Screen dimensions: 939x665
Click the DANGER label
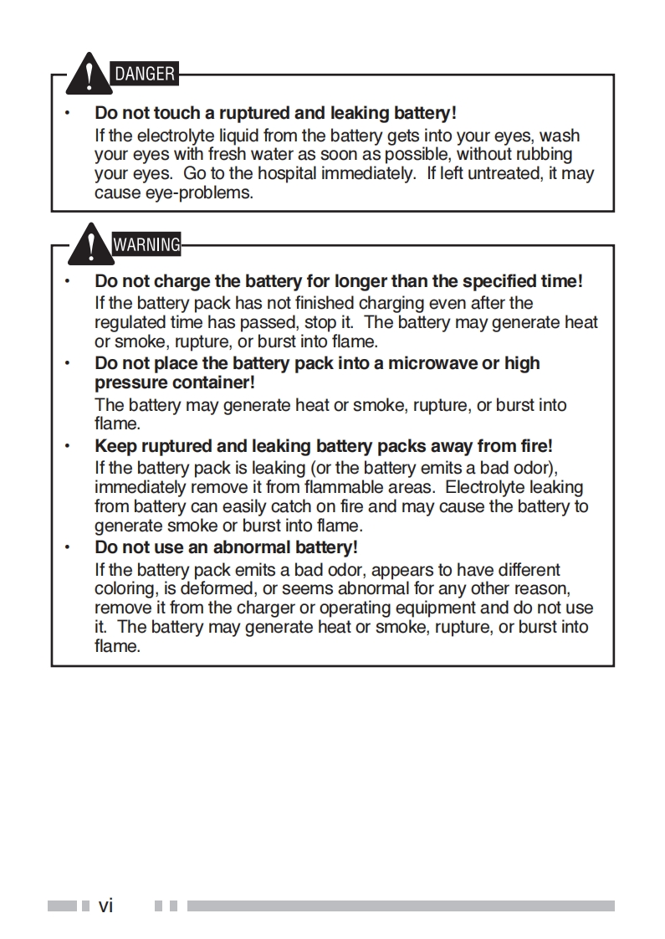coord(145,74)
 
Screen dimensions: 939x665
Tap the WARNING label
coord(146,245)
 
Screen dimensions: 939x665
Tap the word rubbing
coord(541,154)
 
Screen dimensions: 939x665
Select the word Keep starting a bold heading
coord(112,446)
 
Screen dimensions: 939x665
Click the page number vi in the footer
coord(105,905)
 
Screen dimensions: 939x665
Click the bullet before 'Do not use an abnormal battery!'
coord(67,547)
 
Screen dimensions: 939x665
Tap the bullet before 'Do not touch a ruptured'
coord(67,113)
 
